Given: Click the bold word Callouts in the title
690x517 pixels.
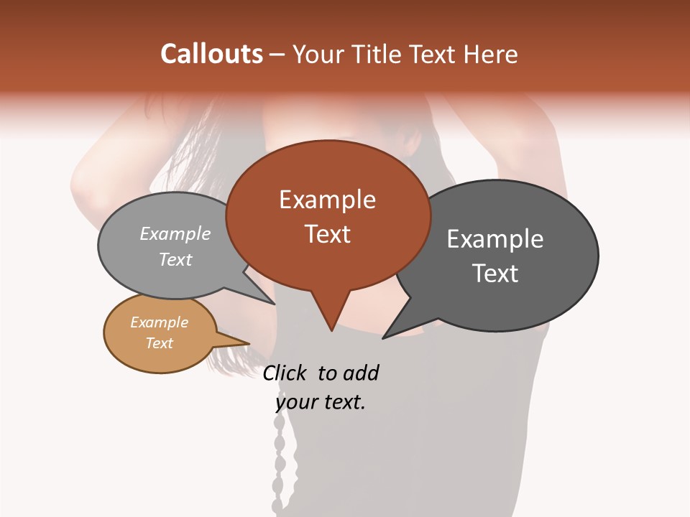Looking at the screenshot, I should click(x=211, y=54).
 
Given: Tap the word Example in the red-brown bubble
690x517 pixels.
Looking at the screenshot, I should click(x=327, y=200).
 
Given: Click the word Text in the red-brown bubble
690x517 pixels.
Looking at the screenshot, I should click(x=327, y=234).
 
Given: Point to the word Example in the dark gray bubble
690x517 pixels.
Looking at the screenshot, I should click(x=495, y=239).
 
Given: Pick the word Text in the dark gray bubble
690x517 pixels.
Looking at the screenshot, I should click(x=495, y=274).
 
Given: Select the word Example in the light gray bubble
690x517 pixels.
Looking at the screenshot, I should click(x=175, y=233).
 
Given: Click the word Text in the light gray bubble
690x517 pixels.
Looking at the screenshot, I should click(x=175, y=259).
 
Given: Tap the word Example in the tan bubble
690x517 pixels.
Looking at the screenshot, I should click(x=159, y=322).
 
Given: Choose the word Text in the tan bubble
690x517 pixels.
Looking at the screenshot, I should click(x=159, y=343).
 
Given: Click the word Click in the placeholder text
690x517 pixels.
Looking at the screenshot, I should click(x=286, y=373).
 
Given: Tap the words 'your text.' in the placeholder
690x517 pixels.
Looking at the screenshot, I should click(x=321, y=402).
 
